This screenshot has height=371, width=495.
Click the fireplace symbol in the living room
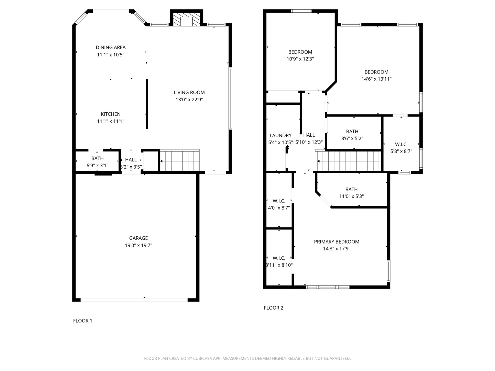(186, 20)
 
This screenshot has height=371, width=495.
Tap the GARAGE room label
(139, 238)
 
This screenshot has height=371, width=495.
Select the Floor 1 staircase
(180, 160)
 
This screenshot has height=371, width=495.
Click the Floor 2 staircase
(349, 161)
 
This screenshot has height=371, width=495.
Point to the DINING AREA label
(111, 47)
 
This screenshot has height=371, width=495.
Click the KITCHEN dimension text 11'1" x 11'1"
(111, 121)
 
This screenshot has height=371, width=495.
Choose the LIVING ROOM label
(189, 92)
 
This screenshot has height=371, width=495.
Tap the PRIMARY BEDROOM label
(337, 242)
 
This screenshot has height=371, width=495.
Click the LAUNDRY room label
(280, 135)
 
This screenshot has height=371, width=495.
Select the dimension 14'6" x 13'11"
(376, 79)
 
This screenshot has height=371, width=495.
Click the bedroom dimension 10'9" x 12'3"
(300, 59)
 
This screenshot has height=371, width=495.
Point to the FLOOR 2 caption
(273, 308)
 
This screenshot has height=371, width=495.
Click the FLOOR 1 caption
(82, 321)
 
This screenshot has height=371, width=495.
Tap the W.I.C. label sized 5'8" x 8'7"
(401, 144)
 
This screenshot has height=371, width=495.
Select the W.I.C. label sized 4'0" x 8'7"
(279, 201)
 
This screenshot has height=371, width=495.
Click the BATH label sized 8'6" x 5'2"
(352, 132)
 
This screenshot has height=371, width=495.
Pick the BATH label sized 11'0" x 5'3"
(351, 189)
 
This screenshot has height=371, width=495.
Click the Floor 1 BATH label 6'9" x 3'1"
(97, 158)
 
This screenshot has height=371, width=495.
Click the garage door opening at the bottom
(134, 300)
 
